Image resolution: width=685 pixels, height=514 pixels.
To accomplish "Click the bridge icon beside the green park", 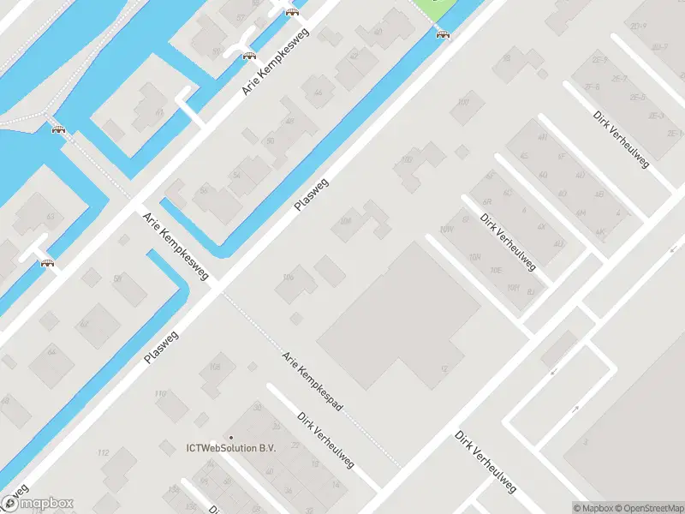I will click(x=443, y=34).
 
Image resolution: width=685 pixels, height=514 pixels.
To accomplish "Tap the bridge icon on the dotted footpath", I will click(x=58, y=130).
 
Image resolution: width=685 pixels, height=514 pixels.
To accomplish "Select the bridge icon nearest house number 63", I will click(x=47, y=263).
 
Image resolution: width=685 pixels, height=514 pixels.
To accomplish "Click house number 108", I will click(x=215, y=367).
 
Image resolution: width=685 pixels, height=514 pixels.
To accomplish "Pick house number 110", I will click(x=160, y=393).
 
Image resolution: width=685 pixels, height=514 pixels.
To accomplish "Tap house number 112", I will click(x=104, y=451).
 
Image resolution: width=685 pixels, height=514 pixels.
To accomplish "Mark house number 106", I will click(x=288, y=277).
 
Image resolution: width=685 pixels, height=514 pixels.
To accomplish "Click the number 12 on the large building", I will click(x=444, y=368).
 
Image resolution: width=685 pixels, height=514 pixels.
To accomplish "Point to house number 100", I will click(x=464, y=102).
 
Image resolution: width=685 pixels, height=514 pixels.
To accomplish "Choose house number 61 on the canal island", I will click(x=159, y=112).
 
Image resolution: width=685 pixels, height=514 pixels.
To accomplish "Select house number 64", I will click(x=52, y=352).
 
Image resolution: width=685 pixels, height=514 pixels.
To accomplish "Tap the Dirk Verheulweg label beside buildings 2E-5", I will click(x=621, y=139).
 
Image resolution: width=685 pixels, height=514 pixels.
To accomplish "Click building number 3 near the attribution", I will click(x=586, y=442).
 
